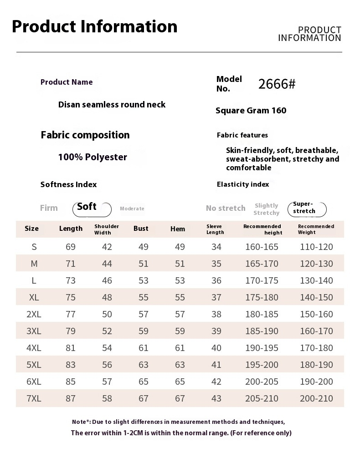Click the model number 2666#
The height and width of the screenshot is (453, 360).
pos(277,84)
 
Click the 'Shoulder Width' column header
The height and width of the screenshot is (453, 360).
pos(107,229)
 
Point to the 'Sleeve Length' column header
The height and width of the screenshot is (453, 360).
pos(215,229)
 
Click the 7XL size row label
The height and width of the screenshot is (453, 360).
pos(34,398)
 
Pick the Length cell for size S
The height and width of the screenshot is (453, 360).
pos(71,247)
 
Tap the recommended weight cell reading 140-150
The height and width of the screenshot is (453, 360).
pos(316,297)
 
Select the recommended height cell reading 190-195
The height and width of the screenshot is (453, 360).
pos(262,348)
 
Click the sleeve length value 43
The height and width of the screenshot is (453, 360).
pos(216,398)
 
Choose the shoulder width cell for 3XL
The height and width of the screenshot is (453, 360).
pos(107,331)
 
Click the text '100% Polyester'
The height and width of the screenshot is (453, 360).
pos(93,157)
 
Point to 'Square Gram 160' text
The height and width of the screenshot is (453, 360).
pos(251,111)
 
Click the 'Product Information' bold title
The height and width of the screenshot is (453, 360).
pos(94,26)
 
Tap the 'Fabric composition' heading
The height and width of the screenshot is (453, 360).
pos(85,135)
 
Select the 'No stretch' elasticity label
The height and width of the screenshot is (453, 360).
pos(226,208)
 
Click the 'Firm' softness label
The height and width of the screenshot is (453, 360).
pos(49,208)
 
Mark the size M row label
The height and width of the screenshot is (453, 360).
pos(34,264)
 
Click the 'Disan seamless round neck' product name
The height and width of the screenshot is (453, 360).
pos(112,105)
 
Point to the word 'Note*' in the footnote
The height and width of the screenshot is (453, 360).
pos(81,422)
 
